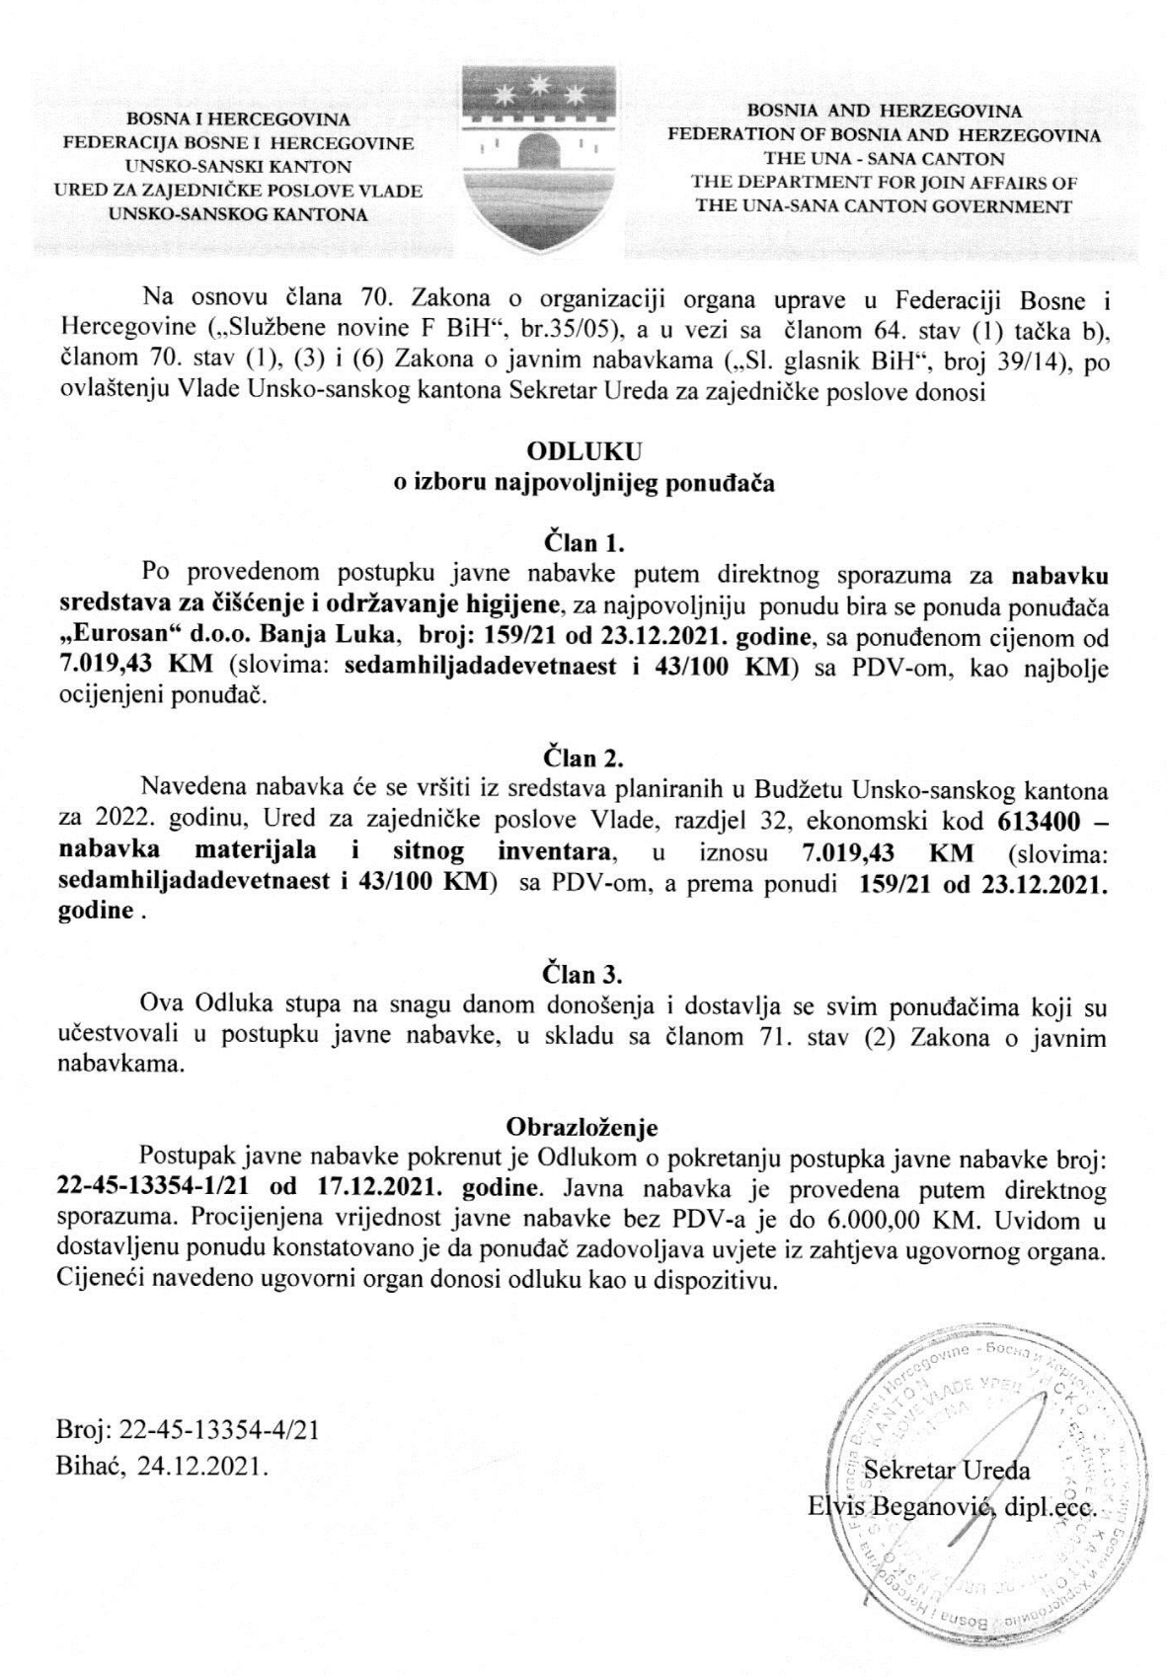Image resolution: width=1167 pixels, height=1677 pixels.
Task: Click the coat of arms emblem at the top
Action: click(539, 159)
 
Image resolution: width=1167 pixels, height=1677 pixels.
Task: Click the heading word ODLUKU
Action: click(584, 451)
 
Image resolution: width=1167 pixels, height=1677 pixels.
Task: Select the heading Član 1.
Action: click(584, 542)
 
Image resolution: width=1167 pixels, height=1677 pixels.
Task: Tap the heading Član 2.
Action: click(584, 759)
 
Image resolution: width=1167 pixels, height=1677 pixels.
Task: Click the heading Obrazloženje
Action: click(582, 1126)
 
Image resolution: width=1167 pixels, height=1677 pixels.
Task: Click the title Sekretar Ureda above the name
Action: click(947, 1471)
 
